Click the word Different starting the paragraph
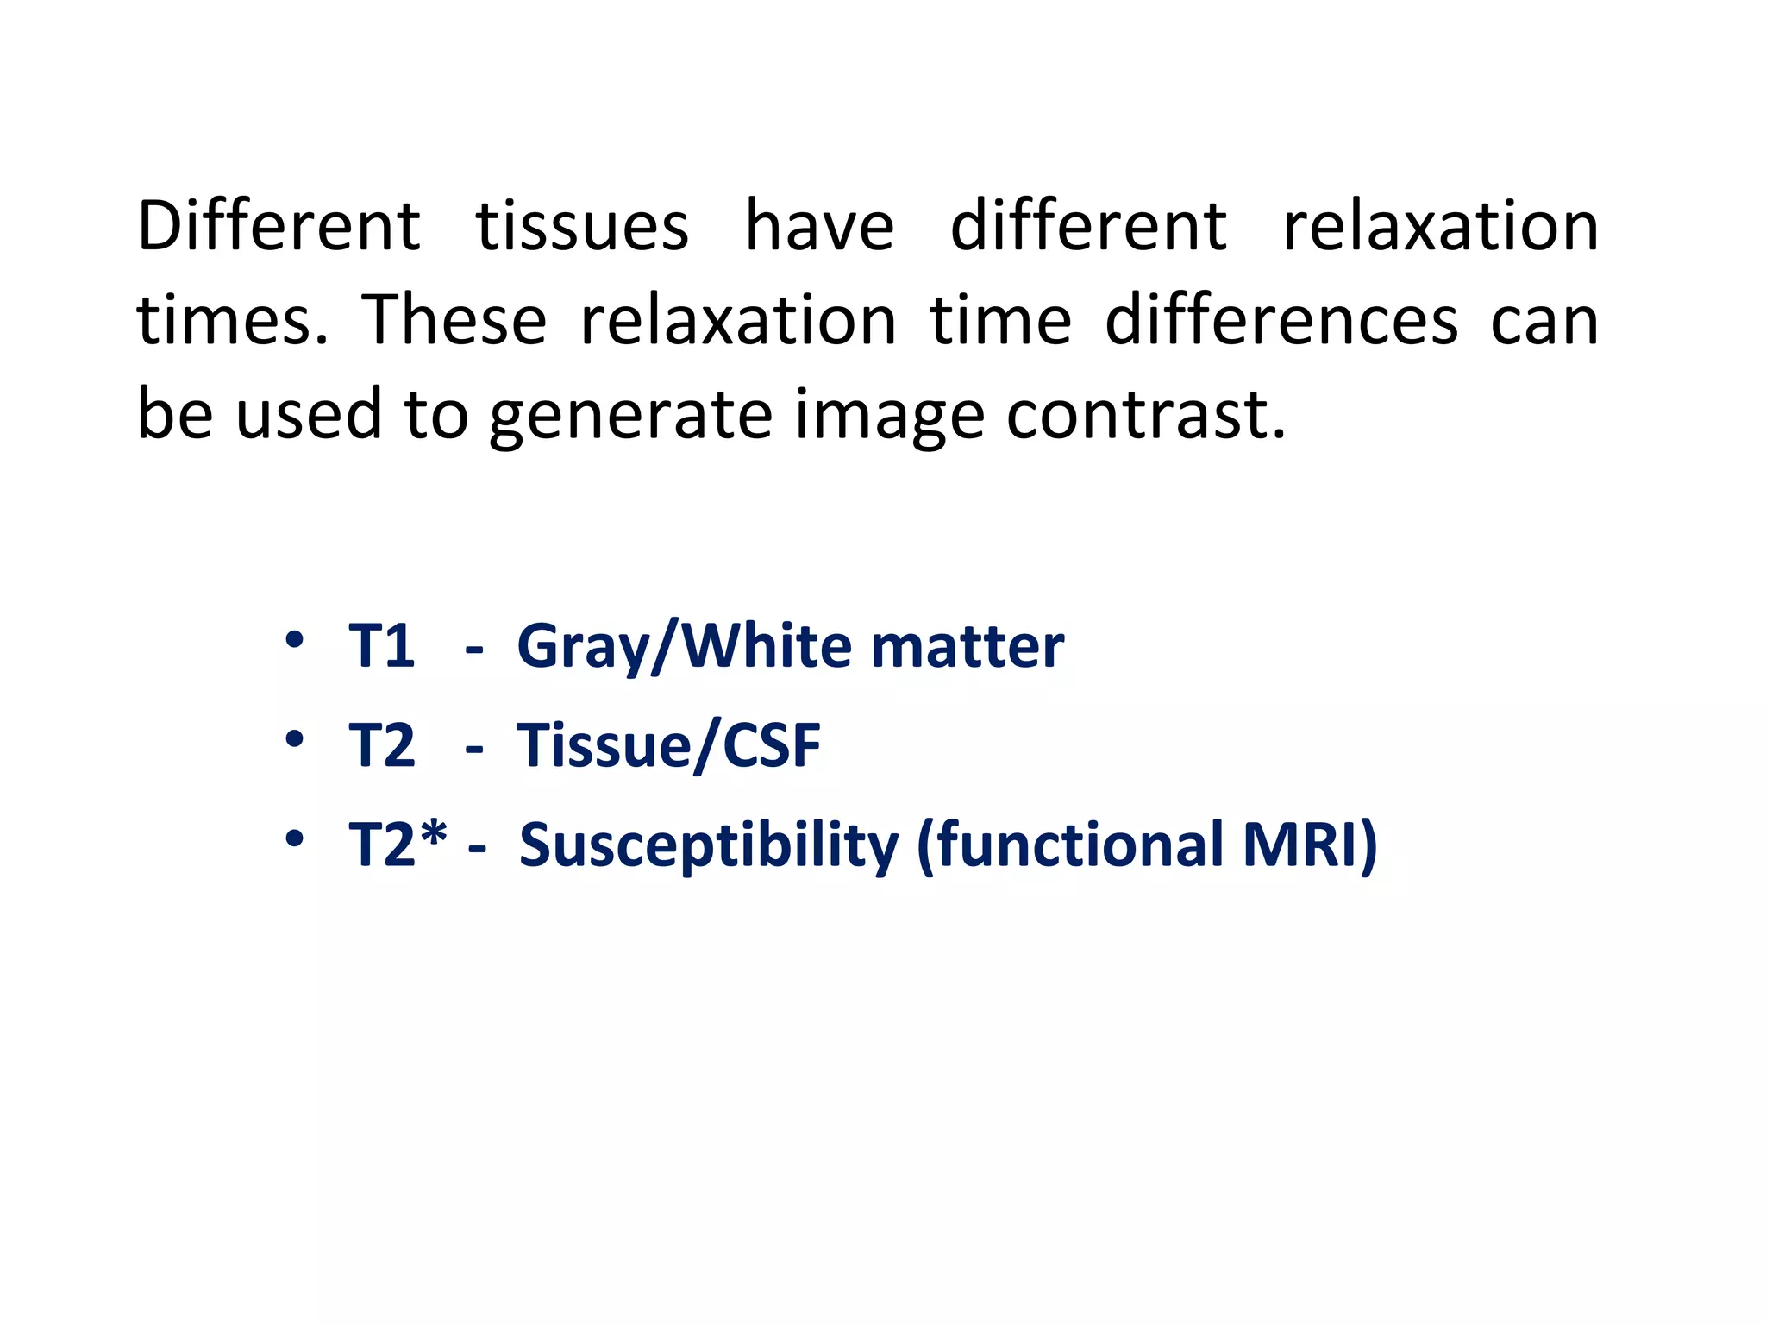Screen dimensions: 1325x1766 (279, 226)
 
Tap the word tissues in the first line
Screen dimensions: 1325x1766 (582, 226)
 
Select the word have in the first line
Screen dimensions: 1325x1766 (819, 226)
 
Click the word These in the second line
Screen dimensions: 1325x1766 (454, 320)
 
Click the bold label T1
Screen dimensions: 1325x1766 (381, 646)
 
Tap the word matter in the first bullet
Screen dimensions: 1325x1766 (967, 646)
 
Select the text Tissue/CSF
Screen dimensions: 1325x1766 (668, 745)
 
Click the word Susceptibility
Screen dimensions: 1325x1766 (709, 845)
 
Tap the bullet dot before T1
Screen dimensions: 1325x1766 (294, 640)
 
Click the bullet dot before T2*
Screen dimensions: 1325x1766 (294, 838)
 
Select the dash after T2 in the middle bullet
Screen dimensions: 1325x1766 (473, 749)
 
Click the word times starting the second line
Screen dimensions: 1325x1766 (232, 320)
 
